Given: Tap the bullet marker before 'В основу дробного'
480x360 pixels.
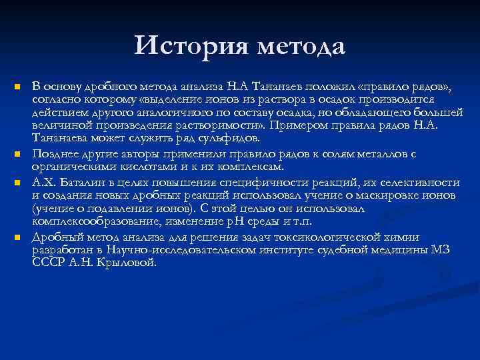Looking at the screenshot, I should tap(18, 87).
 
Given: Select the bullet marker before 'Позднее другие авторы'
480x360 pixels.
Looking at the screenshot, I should tap(18, 154).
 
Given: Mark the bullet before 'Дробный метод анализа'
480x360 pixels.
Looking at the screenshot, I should tap(18, 237).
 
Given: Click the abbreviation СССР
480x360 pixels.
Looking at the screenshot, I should tap(47, 263).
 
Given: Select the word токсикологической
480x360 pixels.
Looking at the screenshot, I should tap(341, 237).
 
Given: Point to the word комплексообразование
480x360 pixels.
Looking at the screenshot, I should tap(87, 221).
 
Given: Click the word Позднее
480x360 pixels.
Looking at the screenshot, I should tap(54, 154).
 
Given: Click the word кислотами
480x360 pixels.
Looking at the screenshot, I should tap(144, 167).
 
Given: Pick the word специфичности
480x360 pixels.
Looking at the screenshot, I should tap(231, 182).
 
